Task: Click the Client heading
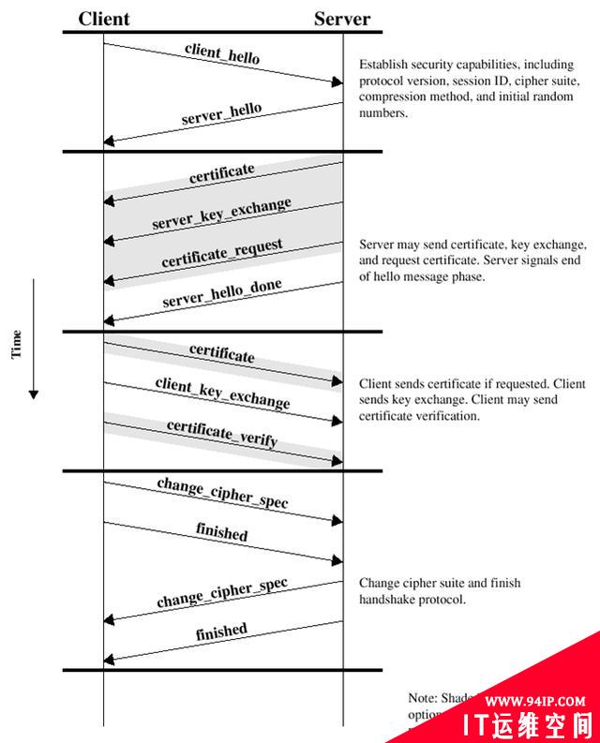tap(104, 19)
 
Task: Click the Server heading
tap(342, 19)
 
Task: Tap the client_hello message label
tap(222, 52)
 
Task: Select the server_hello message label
tap(221, 114)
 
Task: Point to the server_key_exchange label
tap(221, 214)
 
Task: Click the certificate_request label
tap(221, 253)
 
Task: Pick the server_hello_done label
tap(221, 293)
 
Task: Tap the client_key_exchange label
tap(222, 394)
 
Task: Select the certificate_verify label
tap(222, 433)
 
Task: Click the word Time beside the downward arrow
tap(16, 345)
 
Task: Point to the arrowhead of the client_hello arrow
tap(338, 82)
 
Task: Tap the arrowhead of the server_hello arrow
tap(109, 141)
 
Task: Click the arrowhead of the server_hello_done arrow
tap(109, 320)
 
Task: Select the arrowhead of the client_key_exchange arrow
tap(338, 422)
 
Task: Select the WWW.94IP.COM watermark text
tap(536, 699)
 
